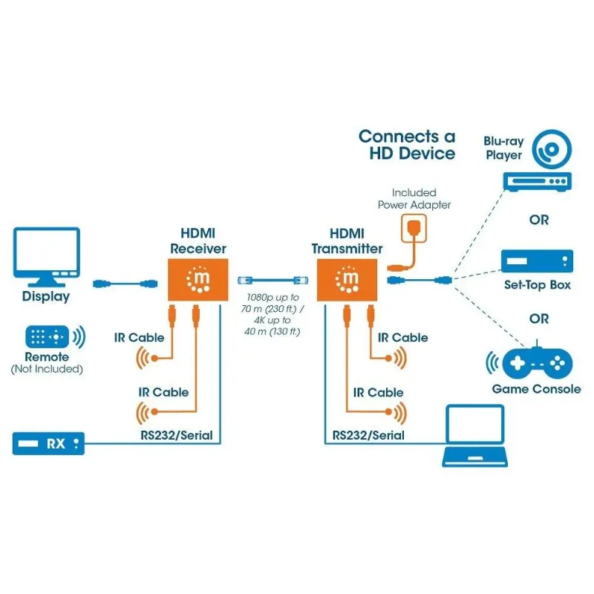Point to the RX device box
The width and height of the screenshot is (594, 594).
[48, 445]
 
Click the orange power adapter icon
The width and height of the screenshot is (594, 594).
[414, 229]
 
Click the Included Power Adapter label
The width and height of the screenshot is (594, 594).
[414, 198]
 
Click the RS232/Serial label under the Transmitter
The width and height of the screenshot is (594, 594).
[368, 436]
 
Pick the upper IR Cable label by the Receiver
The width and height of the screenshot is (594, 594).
[140, 338]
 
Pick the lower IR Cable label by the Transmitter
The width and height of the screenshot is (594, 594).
[379, 393]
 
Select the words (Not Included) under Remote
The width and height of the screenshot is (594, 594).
[46, 369]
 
